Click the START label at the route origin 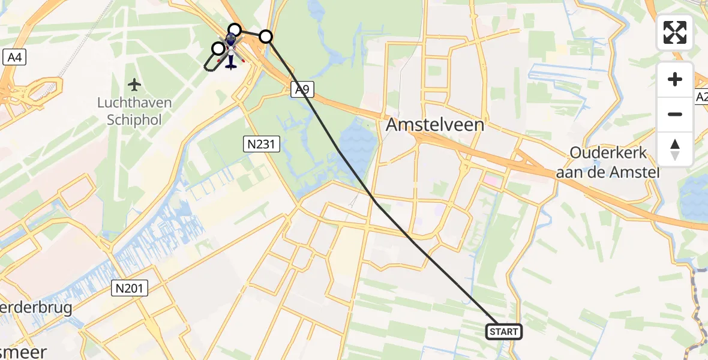click(x=503, y=332)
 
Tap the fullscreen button click(x=675, y=32)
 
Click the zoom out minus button click(x=675, y=114)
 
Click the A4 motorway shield click(x=13, y=58)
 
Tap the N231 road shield click(x=261, y=143)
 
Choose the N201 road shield click(x=130, y=289)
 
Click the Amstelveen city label click(x=435, y=125)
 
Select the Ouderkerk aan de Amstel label click(x=608, y=162)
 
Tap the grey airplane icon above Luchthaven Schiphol click(x=134, y=83)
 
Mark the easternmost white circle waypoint click(x=266, y=37)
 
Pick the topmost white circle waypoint click(x=235, y=29)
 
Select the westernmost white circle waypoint click(x=218, y=48)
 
